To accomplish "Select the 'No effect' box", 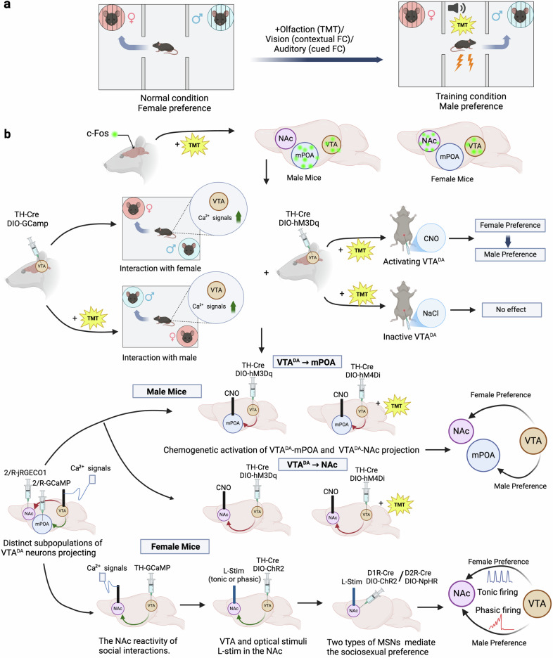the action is (x=511, y=310).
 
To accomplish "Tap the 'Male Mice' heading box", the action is (x=167, y=392).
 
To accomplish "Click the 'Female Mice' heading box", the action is (x=175, y=546).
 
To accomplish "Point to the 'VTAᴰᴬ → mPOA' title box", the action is (x=307, y=362).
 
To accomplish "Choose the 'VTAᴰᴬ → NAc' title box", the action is (x=313, y=465).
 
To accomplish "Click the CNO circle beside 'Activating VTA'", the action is (x=431, y=238).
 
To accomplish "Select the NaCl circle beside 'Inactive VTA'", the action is (x=431, y=313).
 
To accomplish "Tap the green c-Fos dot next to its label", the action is (x=114, y=134).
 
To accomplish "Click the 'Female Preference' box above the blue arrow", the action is (x=510, y=226).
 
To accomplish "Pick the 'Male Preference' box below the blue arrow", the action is (x=510, y=254).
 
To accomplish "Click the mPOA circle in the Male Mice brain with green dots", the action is (x=305, y=155).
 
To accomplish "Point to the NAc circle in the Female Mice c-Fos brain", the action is (x=429, y=141).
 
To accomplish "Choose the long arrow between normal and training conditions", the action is (x=317, y=60).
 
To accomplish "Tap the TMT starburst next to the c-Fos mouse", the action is (x=194, y=146).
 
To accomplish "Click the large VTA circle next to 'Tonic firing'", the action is (x=537, y=603).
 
